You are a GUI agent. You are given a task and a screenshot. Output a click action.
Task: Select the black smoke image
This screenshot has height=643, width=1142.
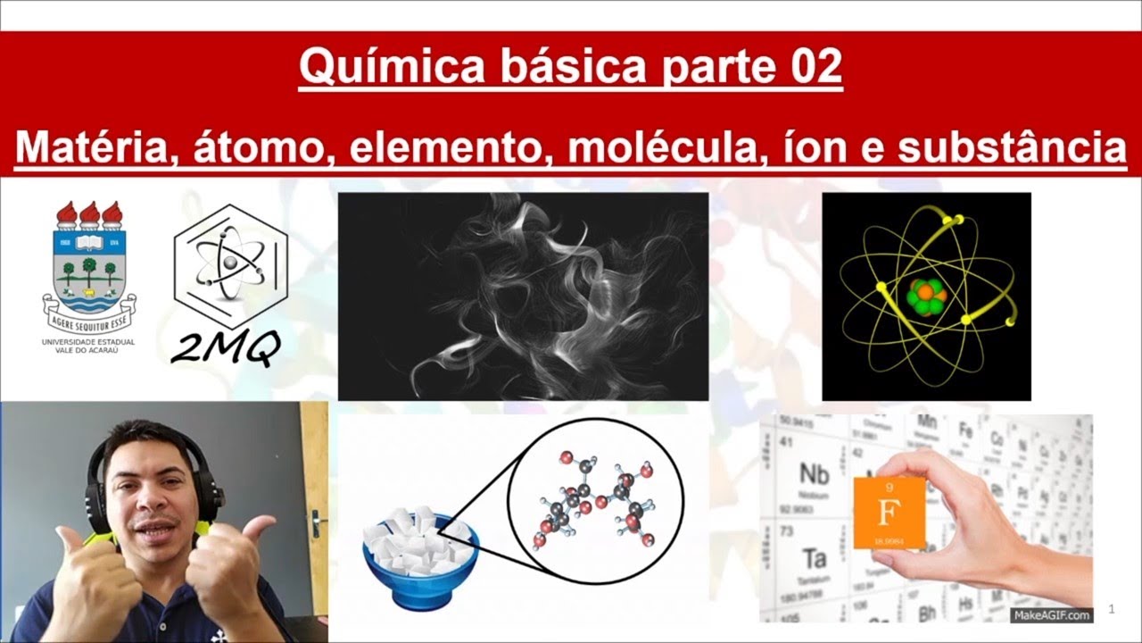523,296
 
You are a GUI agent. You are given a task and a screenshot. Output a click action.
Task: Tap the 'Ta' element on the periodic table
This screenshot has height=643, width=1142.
814,559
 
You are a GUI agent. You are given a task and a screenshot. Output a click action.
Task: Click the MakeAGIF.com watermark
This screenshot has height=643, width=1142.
1051,615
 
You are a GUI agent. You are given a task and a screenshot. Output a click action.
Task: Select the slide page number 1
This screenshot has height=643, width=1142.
1112,609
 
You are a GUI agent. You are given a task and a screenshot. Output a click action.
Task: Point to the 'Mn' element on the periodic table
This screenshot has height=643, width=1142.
927,422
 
